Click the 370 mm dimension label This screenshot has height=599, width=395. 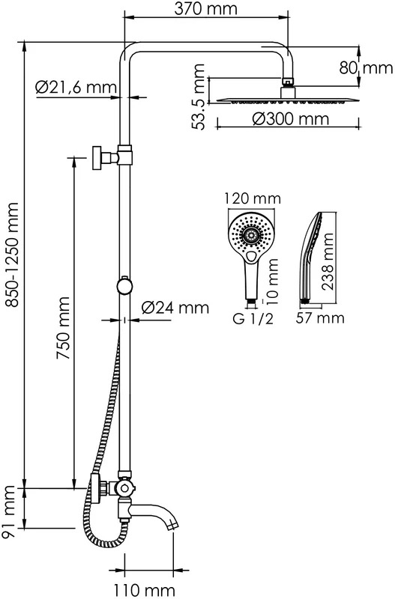click(205, 8)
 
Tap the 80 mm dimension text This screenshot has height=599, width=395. click(366, 68)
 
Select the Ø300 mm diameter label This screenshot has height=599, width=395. click(290, 119)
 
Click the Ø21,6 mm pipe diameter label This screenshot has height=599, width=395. click(76, 88)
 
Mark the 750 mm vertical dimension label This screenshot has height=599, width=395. click(63, 328)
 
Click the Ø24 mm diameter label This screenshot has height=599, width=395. click(175, 308)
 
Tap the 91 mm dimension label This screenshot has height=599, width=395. click(8, 512)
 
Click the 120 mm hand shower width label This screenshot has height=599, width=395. click(253, 198)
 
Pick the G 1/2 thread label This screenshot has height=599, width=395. click(253, 319)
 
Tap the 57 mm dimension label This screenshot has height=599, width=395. click(320, 317)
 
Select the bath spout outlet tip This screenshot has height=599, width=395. click(173, 526)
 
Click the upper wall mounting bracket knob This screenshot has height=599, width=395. click(97, 157)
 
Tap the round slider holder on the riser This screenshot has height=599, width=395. click(125, 286)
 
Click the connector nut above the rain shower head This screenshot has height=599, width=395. click(289, 82)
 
